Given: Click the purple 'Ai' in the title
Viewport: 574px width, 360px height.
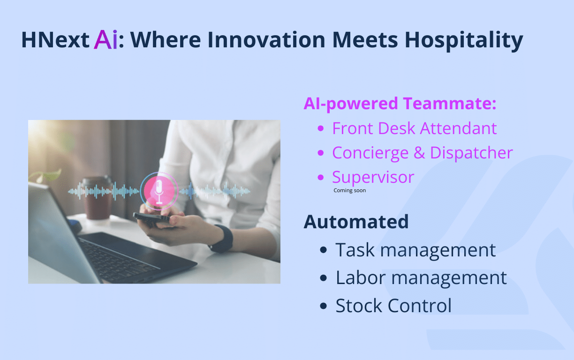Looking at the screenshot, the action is click(x=106, y=40).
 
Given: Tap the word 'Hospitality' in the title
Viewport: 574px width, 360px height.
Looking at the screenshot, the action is click(x=464, y=40).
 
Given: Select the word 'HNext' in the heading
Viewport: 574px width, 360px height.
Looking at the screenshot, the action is click(x=55, y=40).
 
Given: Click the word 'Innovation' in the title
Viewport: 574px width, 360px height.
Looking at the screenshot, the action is click(x=266, y=40).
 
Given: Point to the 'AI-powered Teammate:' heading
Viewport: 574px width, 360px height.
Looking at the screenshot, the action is click(x=400, y=104).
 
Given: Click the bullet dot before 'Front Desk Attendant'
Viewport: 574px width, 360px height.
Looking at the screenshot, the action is click(x=321, y=128).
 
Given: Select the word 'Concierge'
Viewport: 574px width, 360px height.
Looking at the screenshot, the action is click(x=370, y=153).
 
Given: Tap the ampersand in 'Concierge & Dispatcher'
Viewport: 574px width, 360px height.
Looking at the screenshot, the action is click(x=419, y=153).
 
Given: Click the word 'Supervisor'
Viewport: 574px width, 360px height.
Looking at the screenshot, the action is click(x=373, y=177).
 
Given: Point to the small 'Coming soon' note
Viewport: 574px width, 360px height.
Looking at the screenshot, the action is click(x=349, y=190).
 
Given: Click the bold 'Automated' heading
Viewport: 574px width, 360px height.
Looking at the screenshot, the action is click(x=356, y=222).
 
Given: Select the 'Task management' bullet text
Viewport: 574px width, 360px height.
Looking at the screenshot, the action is click(x=415, y=250).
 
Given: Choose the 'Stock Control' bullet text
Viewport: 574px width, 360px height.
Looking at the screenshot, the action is click(x=393, y=306).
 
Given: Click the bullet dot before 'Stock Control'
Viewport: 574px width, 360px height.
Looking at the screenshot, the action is click(x=324, y=306).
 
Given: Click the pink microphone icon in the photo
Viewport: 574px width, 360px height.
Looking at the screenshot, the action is click(x=159, y=191).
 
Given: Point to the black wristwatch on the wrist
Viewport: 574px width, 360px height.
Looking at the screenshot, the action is click(x=222, y=239).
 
